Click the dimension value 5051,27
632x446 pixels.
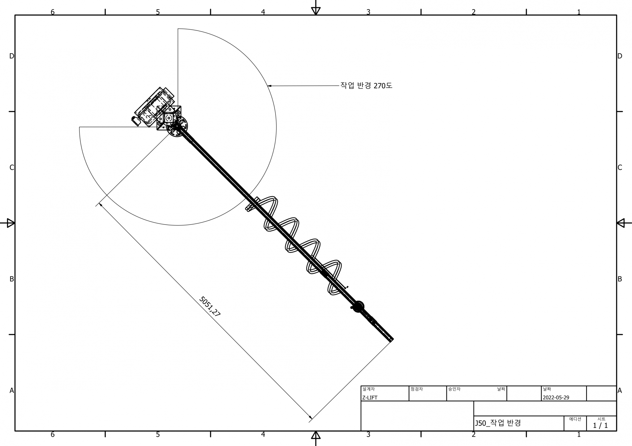210,307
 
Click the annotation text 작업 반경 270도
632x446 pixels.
366,86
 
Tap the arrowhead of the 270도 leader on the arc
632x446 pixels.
269,86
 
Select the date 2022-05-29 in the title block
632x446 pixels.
556,397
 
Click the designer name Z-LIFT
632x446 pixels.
370,398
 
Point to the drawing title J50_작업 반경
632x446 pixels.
498,423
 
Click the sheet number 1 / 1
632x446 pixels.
600,425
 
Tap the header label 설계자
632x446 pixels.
368,389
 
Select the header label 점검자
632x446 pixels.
416,389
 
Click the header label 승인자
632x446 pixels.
454,389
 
